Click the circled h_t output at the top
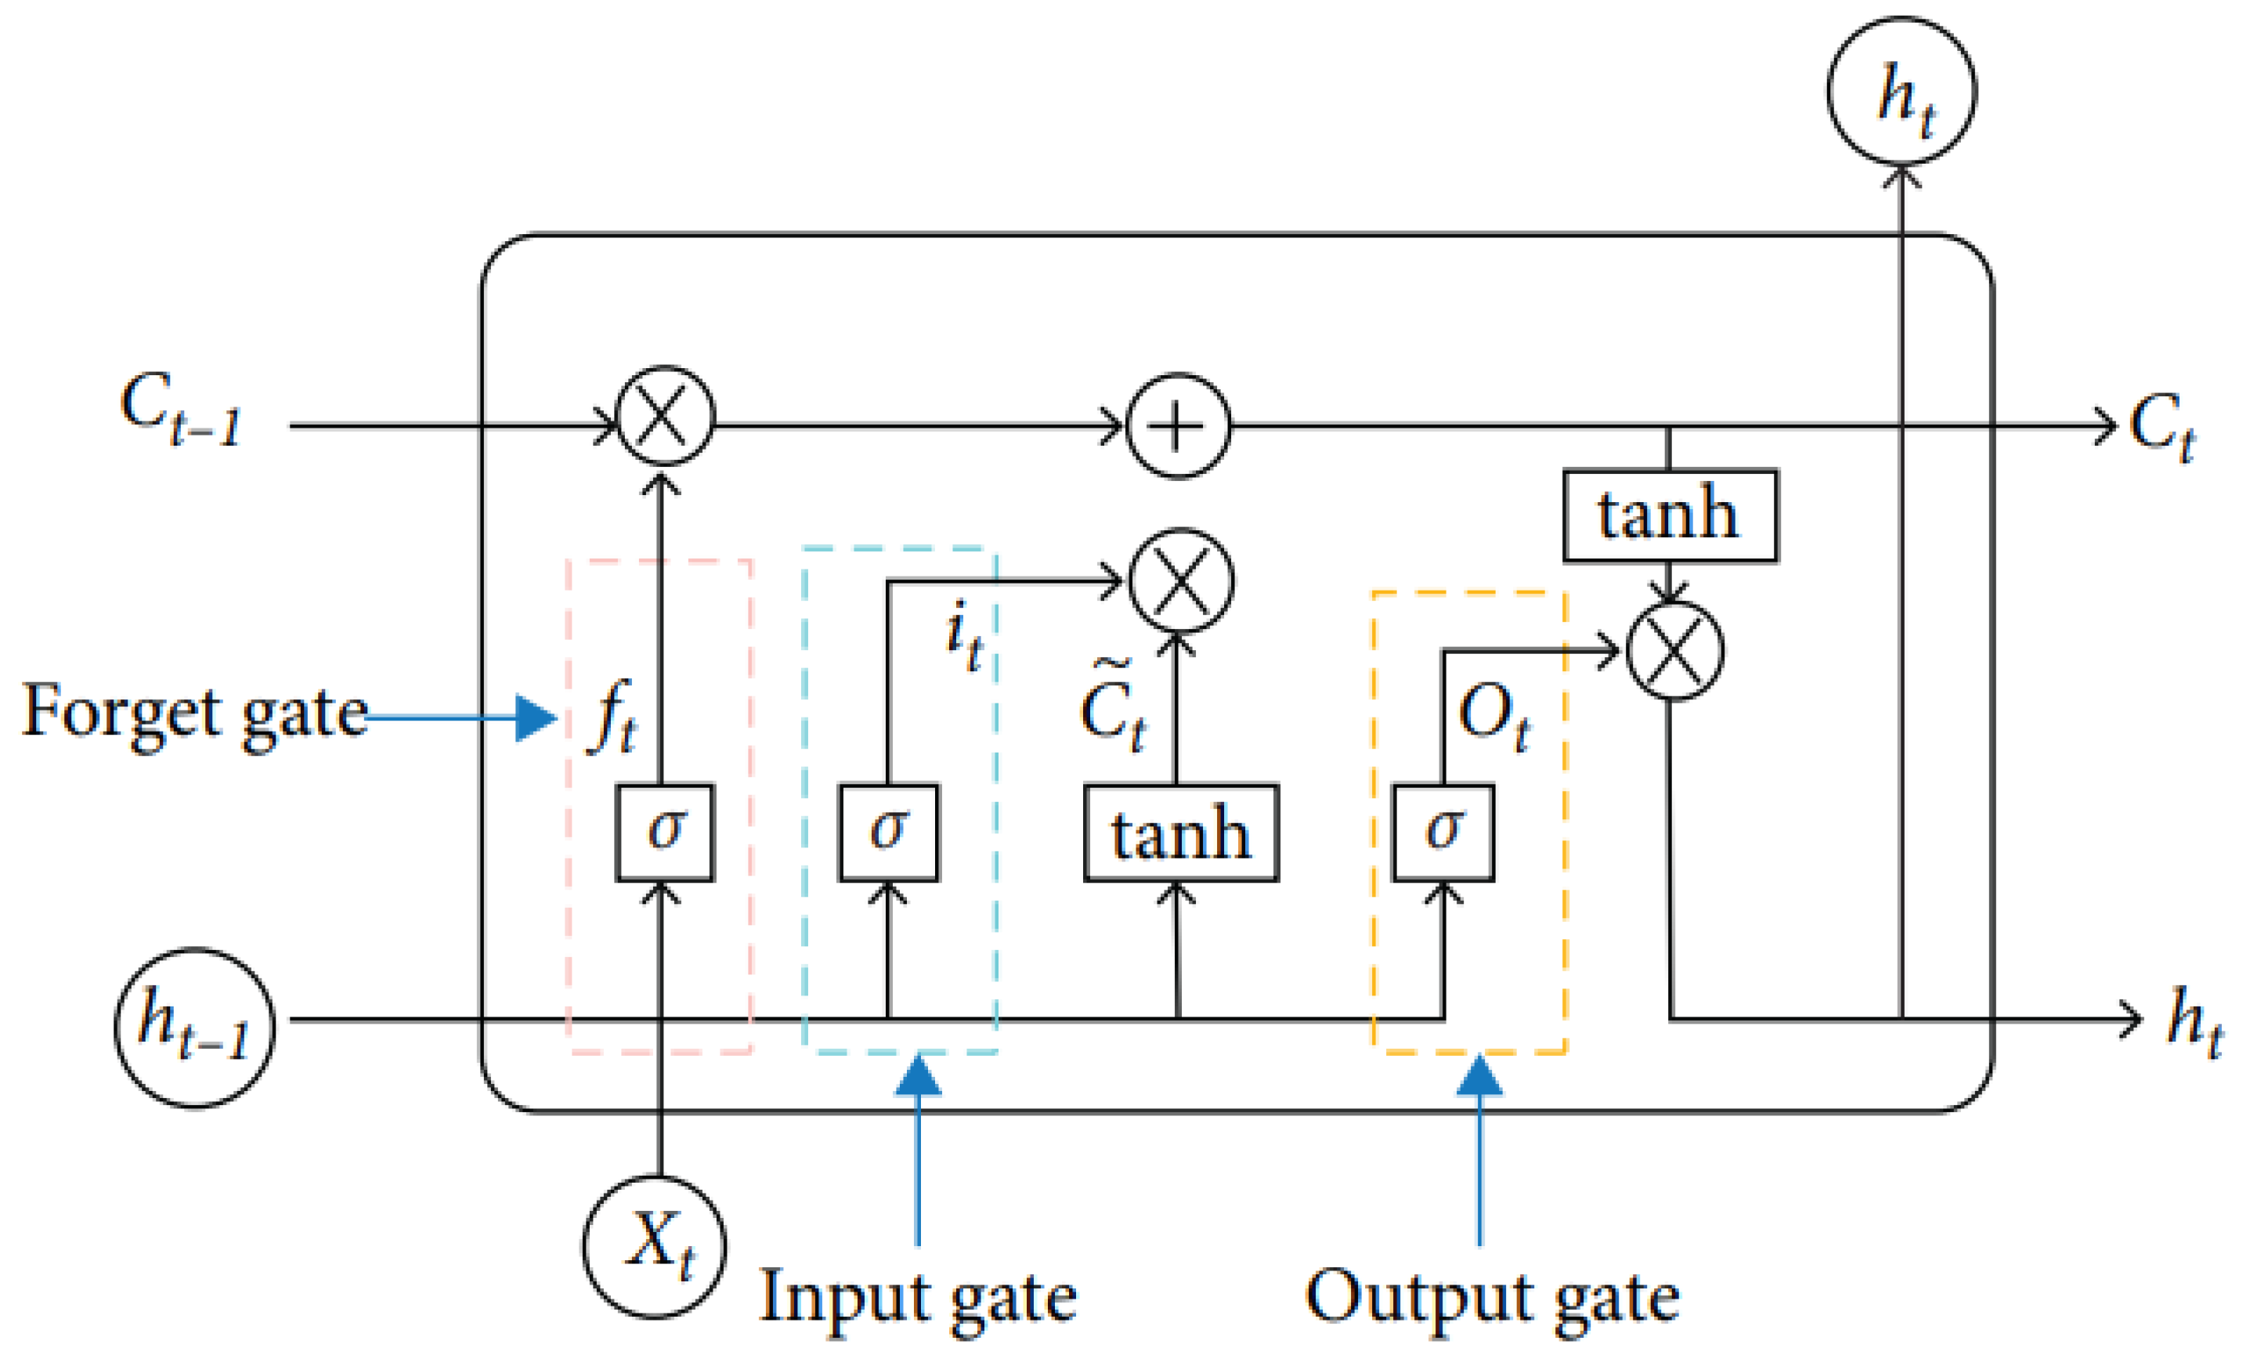click(x=1901, y=92)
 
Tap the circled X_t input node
click(x=655, y=1247)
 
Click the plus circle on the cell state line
click(x=1179, y=426)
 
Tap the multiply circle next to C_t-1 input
click(x=664, y=417)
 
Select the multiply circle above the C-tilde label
click(x=1181, y=580)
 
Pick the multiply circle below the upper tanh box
click(x=1675, y=651)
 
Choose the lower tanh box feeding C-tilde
click(x=1180, y=833)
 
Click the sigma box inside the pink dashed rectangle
click(x=664, y=832)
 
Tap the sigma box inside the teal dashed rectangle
click(x=888, y=832)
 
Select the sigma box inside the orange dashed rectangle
click(x=1443, y=832)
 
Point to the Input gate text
click(x=917, y=1296)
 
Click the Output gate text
click(x=1491, y=1296)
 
